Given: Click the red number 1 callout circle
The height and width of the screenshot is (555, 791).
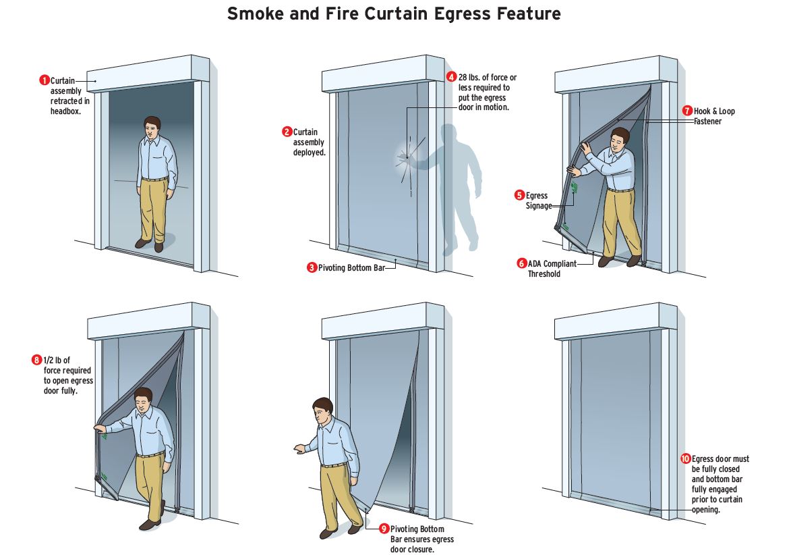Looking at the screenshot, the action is click(x=45, y=80).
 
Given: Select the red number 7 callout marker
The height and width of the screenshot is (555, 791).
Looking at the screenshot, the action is click(x=687, y=111).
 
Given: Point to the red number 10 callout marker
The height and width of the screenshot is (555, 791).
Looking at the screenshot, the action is click(x=686, y=458).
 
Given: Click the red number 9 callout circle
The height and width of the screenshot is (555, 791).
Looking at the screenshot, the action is click(x=384, y=529).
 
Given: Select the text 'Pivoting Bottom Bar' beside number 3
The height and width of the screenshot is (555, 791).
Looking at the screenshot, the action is click(x=351, y=267).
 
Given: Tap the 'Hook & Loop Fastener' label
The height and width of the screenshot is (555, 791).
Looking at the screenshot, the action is click(x=714, y=116).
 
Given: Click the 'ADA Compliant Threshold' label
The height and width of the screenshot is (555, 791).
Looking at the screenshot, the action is click(x=552, y=269).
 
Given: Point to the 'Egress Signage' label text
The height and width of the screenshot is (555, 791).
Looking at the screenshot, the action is click(x=537, y=201).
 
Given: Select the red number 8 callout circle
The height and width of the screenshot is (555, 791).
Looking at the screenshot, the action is click(x=36, y=360).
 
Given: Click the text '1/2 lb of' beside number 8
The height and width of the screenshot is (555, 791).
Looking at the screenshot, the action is click(x=57, y=360).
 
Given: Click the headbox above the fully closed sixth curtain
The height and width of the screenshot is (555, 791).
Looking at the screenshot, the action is click(x=616, y=321).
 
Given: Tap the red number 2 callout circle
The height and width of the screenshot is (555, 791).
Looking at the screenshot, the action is click(x=287, y=132).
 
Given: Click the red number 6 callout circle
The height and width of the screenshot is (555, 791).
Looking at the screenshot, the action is click(x=522, y=263).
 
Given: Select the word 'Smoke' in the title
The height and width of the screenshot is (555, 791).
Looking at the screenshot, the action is click(x=256, y=14).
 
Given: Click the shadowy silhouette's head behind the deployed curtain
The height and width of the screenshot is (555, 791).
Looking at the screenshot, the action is click(x=450, y=135).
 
